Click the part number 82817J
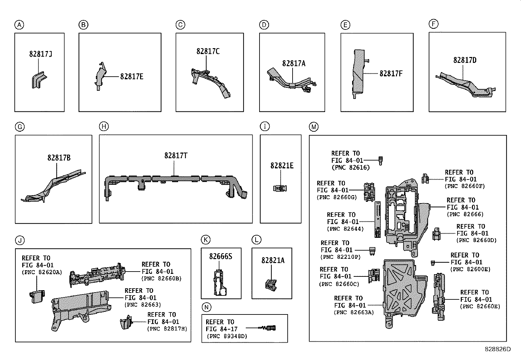pyautogui.click(x=40, y=54)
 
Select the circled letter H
pyautogui.click(x=103, y=126)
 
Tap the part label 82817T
pyautogui.click(x=176, y=155)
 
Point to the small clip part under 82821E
pyautogui.click(x=280, y=188)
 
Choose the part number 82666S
pyautogui.click(x=221, y=256)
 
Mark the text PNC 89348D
pyautogui.click(x=227, y=336)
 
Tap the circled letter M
pyautogui.click(x=314, y=127)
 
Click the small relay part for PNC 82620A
pyautogui.click(x=36, y=296)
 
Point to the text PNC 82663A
pyautogui.click(x=353, y=313)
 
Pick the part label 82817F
pyautogui.click(x=391, y=73)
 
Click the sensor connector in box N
pyautogui.click(x=269, y=328)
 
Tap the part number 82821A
pyautogui.click(x=273, y=260)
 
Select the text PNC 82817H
pyautogui.click(x=167, y=329)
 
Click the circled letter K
pyautogui.click(x=206, y=240)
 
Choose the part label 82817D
pyautogui.click(x=465, y=60)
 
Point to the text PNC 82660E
pyautogui.click(x=480, y=306)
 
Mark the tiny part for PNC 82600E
pyautogui.click(x=433, y=262)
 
